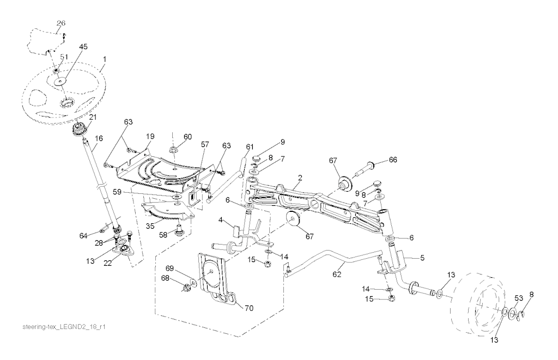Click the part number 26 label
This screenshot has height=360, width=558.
pos(61,23)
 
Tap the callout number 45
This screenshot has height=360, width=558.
pos(83,47)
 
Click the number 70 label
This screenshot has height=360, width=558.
pos(249,308)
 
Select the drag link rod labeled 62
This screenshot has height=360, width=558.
pos(334,261)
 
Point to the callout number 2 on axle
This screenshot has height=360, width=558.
pos(300,178)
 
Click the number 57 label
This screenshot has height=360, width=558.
pos(205,144)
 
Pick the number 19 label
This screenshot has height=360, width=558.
pos(150,136)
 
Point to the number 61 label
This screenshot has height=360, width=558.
pos(250,147)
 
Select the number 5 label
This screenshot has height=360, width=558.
pos(422,258)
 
